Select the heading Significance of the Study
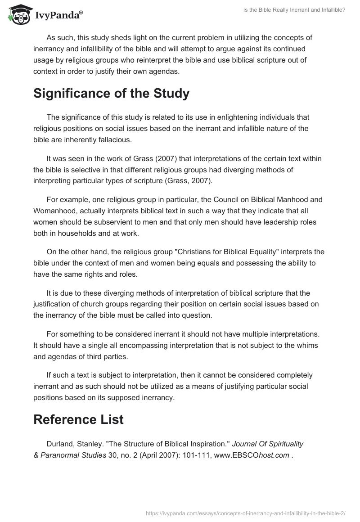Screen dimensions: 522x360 point(111,94)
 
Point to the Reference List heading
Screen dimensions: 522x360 point(78,419)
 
